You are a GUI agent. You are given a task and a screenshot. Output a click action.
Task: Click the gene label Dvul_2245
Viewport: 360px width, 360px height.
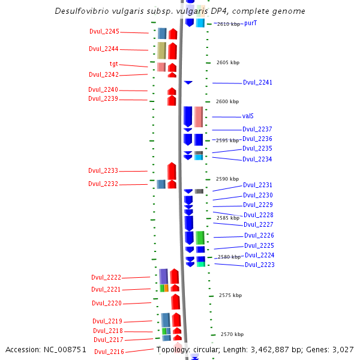(104, 31)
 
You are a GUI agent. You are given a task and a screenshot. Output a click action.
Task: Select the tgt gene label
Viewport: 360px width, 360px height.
(113, 64)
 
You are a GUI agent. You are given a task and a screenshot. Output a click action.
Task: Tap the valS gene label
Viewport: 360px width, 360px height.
(248, 116)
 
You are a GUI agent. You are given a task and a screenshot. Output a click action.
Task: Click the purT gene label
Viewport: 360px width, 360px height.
(251, 23)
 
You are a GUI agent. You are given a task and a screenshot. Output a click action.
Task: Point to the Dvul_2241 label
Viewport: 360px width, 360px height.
(257, 83)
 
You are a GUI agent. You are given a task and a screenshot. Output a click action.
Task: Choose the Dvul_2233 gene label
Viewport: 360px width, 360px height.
(103, 170)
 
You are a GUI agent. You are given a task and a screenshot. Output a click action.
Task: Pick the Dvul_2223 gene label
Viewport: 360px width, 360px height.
(259, 265)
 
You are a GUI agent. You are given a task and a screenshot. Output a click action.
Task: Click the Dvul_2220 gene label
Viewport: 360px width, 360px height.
(106, 303)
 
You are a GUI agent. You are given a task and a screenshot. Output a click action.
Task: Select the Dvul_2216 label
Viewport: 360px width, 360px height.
(109, 352)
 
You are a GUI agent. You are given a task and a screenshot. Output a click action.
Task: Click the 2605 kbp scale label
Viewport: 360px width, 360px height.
(227, 62)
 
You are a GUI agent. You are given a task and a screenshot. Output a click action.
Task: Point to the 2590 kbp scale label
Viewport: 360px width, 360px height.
(227, 179)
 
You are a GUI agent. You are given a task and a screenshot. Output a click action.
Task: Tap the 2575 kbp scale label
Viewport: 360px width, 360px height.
(230, 295)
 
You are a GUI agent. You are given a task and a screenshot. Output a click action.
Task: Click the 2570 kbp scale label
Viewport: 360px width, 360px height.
(232, 334)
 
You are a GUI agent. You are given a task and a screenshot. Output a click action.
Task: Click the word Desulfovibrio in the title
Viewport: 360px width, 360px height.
(82, 11)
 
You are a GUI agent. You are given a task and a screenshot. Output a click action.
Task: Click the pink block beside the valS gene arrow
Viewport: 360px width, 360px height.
(199, 116)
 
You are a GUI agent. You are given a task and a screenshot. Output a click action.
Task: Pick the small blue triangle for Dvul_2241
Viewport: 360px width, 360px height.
(188, 82)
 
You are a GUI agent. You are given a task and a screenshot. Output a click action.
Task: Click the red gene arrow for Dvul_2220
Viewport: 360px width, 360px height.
(175, 302)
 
